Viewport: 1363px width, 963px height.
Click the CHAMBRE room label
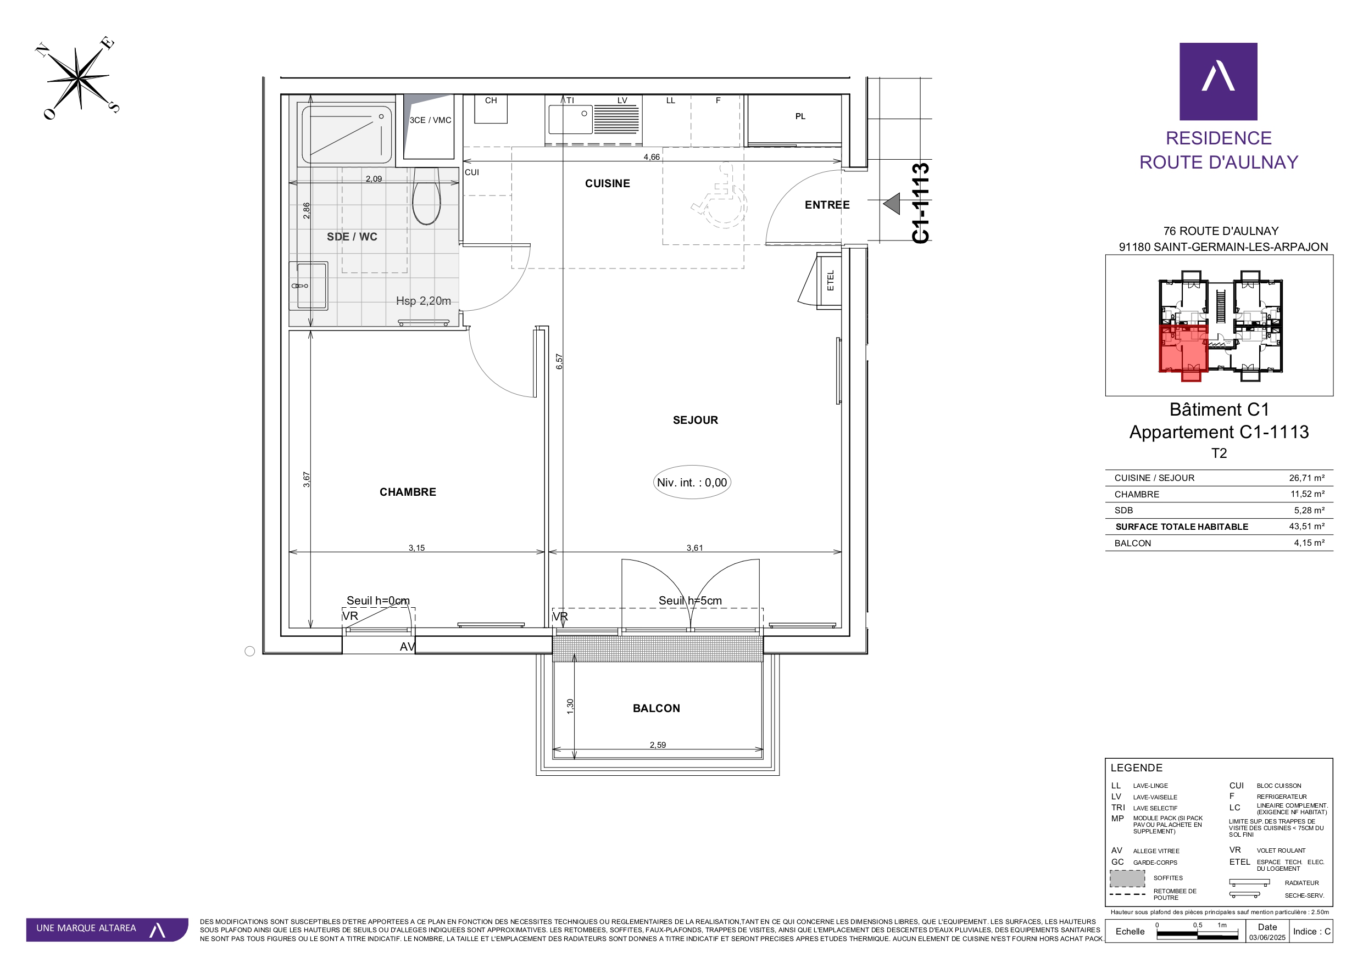point(408,492)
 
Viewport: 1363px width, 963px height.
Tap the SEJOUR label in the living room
point(695,420)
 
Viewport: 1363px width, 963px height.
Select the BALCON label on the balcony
point(657,708)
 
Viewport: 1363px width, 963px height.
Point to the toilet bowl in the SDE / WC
point(427,198)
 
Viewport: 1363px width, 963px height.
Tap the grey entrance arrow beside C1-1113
point(892,204)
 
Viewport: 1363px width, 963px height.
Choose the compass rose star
point(78,78)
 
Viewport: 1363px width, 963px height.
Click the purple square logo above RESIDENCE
point(1218,81)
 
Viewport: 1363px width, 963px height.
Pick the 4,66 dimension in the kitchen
point(651,156)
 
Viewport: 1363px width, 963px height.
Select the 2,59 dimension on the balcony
point(658,744)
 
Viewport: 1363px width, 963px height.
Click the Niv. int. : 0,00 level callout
point(692,483)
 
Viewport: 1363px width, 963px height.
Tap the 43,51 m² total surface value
point(1306,527)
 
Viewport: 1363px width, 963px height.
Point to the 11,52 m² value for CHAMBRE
point(1307,494)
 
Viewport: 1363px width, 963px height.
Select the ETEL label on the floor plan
point(831,280)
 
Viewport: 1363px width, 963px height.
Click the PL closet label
point(800,116)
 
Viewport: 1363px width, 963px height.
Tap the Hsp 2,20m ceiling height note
point(423,301)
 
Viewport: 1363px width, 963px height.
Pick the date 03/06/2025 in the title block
point(1267,938)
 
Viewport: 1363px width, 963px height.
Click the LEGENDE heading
point(1136,768)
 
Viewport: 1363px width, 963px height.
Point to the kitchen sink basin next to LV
point(570,119)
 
